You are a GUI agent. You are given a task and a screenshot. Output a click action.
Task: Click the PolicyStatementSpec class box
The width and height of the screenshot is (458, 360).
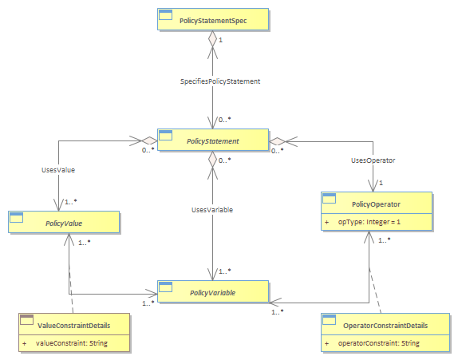point(213,19)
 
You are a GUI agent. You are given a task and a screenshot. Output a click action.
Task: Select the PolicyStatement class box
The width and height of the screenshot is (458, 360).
point(213,140)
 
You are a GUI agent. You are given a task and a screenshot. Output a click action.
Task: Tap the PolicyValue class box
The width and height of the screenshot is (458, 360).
point(64,222)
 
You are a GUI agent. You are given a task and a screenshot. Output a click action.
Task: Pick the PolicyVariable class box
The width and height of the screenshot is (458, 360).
point(213,291)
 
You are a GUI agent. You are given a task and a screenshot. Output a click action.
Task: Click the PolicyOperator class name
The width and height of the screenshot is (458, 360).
point(376,204)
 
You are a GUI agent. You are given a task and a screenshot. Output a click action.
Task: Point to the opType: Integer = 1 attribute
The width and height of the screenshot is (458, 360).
point(369,222)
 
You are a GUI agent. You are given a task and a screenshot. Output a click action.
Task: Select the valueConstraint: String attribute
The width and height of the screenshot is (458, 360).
point(72,343)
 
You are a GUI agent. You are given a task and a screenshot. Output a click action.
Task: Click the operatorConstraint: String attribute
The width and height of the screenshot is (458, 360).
point(378,343)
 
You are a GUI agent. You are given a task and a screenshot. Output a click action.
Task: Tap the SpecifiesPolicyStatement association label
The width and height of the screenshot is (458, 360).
point(220,81)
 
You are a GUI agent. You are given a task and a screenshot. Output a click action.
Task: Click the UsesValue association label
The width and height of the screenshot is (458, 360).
point(58,170)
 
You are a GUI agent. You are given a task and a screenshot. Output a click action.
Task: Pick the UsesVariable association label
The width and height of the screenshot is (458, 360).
point(212,210)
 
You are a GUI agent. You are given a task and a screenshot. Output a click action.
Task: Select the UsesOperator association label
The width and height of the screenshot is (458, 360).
point(373,160)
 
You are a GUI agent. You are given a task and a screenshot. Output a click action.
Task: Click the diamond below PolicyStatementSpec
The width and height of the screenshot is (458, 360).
point(212,38)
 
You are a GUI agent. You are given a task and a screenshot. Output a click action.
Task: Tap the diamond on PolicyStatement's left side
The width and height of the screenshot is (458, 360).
point(149,140)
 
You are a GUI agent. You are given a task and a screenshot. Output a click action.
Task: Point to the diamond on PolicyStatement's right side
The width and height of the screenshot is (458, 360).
point(277,141)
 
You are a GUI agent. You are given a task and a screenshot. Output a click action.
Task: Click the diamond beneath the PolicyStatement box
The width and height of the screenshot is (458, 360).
point(212,160)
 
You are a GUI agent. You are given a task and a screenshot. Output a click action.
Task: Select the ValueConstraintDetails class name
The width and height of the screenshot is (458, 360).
point(74,326)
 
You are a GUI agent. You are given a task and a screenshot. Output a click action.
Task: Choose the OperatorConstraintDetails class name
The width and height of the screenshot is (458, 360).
point(385,326)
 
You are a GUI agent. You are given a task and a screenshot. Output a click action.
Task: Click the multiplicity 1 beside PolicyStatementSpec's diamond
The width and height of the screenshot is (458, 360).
point(221,40)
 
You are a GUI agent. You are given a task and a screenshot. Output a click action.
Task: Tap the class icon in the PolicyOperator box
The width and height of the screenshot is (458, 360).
point(329,198)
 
